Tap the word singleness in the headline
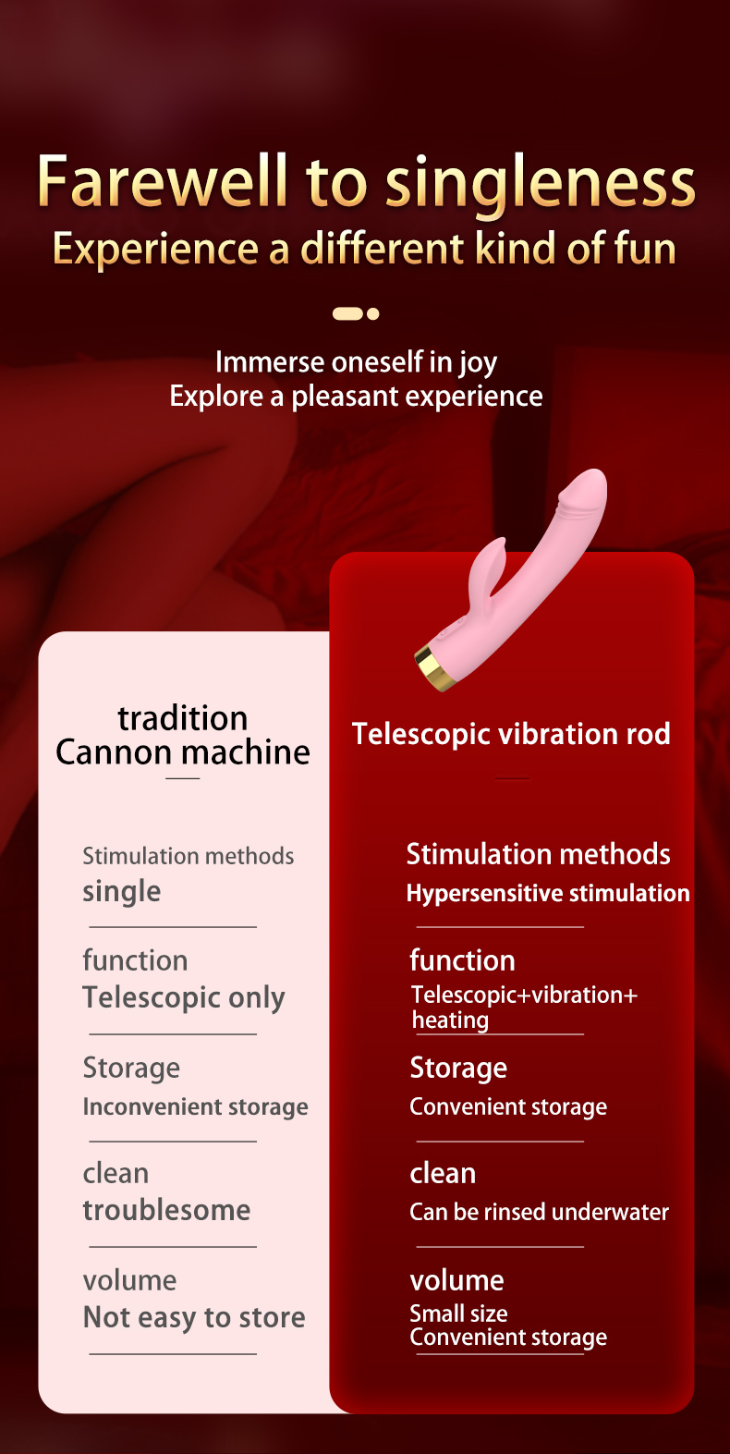[x=541, y=184]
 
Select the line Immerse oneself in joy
[x=357, y=363]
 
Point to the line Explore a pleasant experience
[x=357, y=397]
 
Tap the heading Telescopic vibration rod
[x=511, y=735]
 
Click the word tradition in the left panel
[x=183, y=718]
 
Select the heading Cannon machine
[x=183, y=752]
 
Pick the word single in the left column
[x=121, y=892]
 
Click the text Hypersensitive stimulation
[x=548, y=894]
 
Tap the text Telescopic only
[x=184, y=998]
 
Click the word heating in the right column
[x=450, y=1020]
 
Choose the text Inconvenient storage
[x=195, y=1106]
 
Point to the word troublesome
[x=166, y=1211]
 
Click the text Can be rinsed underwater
[x=540, y=1212]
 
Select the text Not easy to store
[x=194, y=1318]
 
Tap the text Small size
[x=458, y=1313]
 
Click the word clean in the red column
[x=444, y=1174]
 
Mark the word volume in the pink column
[x=129, y=1281]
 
